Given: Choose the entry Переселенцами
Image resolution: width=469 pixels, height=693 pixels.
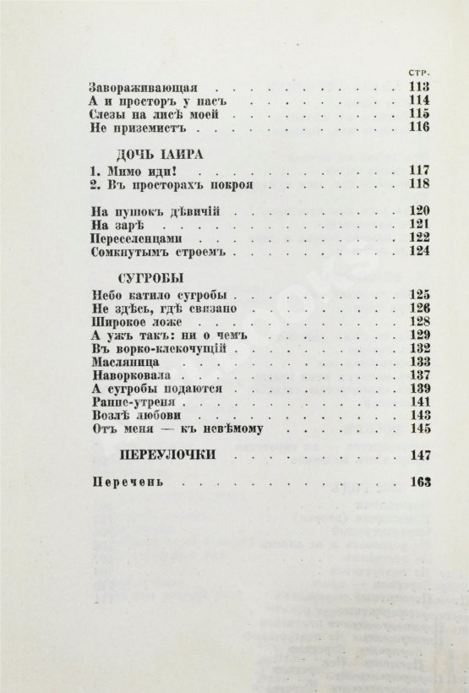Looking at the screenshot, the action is (134, 238).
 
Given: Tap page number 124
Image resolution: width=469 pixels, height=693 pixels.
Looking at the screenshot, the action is (419, 252).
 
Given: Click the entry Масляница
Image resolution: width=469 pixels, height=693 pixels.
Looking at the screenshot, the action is (126, 362).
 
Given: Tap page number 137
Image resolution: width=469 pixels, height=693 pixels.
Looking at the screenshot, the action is (419, 375).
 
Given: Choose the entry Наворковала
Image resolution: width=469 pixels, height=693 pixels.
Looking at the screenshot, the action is (133, 375).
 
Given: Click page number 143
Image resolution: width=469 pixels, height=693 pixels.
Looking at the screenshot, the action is (419, 417).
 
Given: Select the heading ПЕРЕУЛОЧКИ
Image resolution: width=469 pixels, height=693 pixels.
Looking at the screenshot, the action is (164, 456).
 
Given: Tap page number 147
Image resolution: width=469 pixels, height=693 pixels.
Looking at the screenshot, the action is (419, 456).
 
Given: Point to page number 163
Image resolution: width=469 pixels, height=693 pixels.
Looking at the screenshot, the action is (419, 483).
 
